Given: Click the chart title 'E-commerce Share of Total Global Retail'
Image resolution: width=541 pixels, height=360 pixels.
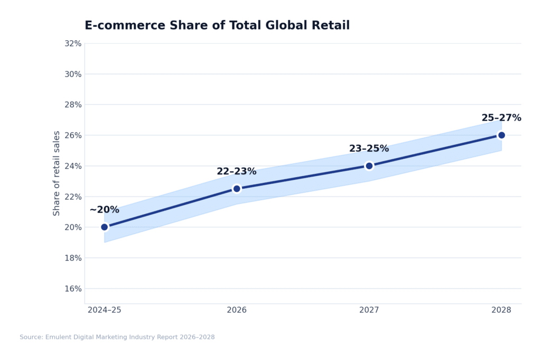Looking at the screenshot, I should (x=217, y=25).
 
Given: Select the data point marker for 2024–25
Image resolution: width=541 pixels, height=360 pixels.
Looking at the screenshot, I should (x=105, y=227).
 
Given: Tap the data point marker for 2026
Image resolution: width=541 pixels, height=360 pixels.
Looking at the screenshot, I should (x=237, y=189).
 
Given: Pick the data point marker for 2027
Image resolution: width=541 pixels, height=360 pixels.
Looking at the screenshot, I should (x=369, y=165).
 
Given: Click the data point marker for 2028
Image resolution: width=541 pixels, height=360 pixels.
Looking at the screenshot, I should (x=501, y=135).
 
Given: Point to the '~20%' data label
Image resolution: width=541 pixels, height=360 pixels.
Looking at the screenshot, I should (x=104, y=210).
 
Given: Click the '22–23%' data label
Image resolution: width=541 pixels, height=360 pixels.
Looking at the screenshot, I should (x=236, y=171).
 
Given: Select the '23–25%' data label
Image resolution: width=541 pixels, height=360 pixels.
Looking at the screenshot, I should (x=369, y=149).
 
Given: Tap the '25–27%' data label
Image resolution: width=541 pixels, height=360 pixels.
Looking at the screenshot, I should (x=501, y=118).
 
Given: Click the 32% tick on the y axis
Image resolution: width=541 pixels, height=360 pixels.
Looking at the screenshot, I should (x=73, y=43).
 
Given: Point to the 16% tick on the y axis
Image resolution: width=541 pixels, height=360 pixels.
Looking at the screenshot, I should (x=73, y=289).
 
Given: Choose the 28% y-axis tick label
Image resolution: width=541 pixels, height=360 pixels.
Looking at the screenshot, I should (x=73, y=105).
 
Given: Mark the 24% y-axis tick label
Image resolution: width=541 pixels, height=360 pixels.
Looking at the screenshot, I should (x=73, y=166).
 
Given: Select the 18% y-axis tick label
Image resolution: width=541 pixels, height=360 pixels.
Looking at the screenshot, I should (x=73, y=258).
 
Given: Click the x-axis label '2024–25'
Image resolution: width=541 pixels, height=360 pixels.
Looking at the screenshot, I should (x=105, y=310).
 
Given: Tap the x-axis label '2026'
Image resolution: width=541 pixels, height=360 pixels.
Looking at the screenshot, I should (x=237, y=310).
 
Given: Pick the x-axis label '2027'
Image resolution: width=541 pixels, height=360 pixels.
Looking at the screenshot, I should (x=369, y=310).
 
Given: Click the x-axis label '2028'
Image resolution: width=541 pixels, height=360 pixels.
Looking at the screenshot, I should (x=501, y=310).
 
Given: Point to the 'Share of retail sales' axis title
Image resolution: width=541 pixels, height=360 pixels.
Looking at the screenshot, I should (x=57, y=173).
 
